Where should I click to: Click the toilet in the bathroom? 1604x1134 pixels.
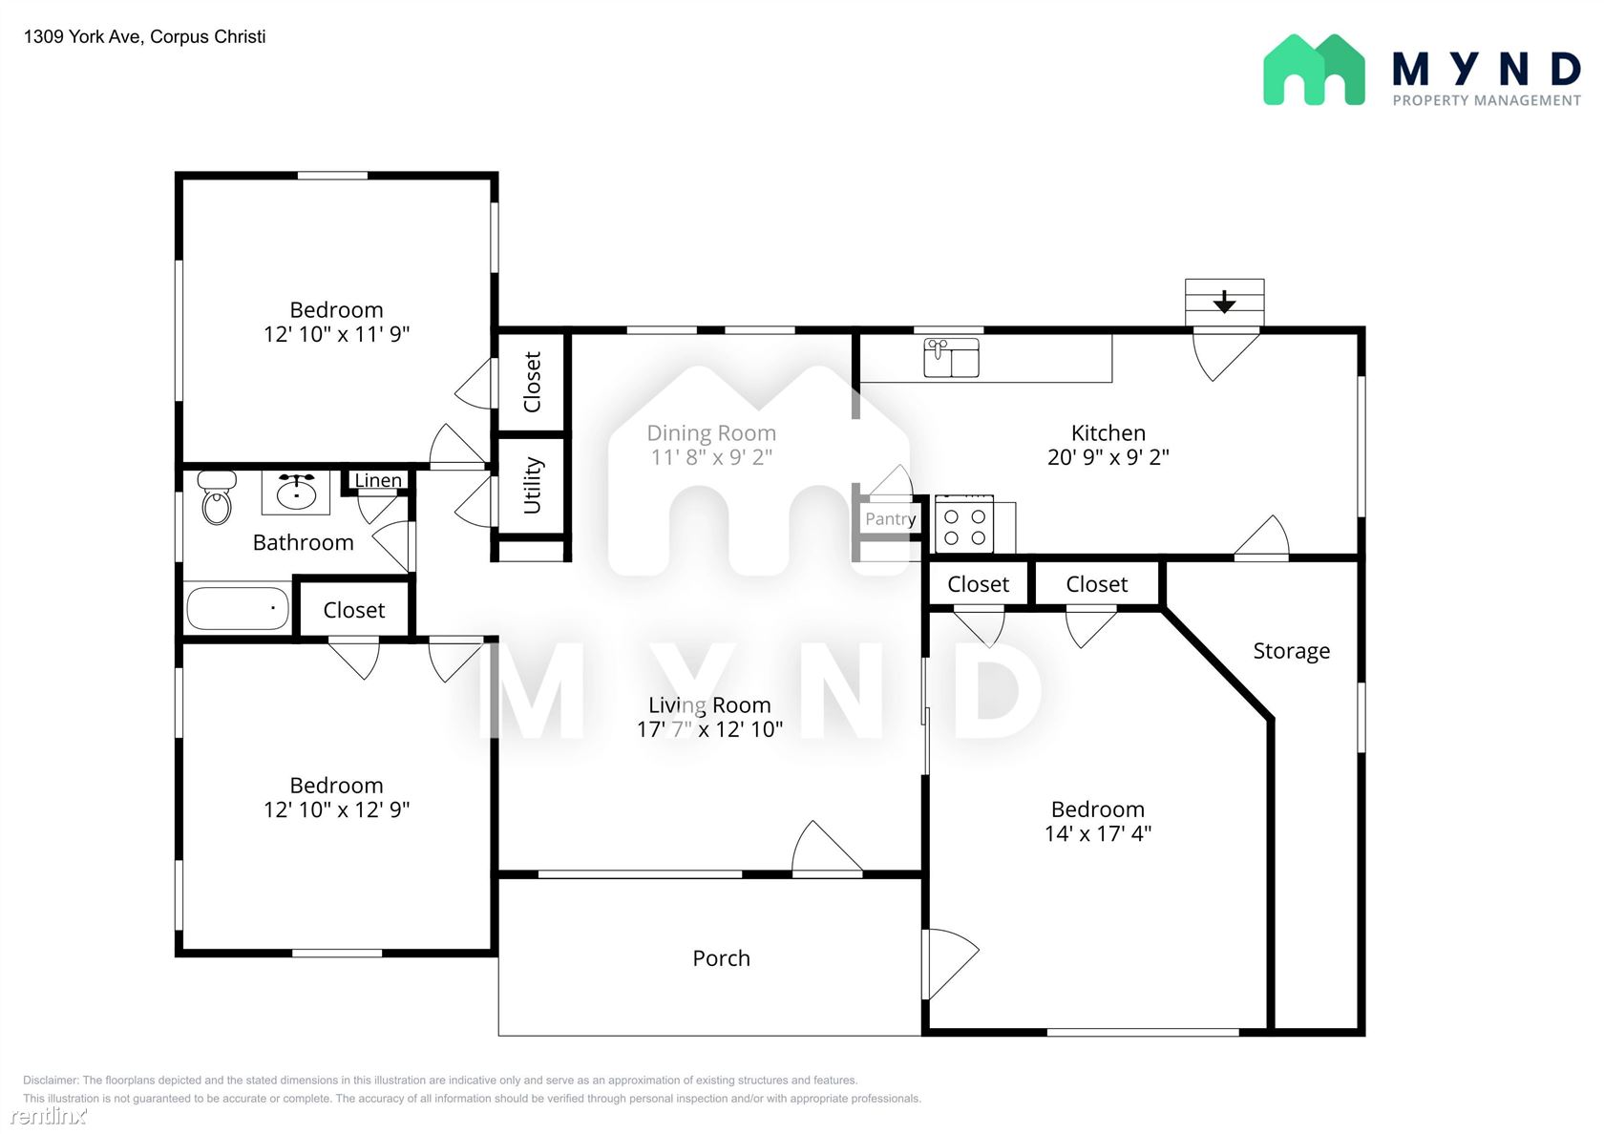click(x=217, y=497)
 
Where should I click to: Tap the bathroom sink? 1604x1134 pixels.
click(x=296, y=493)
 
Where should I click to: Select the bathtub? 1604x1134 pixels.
click(x=238, y=609)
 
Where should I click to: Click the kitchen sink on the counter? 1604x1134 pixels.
click(x=951, y=358)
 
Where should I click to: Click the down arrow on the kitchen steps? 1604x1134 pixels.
click(x=1224, y=302)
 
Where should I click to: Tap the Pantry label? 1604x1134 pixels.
click(x=890, y=518)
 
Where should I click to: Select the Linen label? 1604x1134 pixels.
click(x=378, y=480)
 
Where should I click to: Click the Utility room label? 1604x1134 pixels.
click(x=531, y=485)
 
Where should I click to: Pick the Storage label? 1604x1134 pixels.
click(x=1291, y=651)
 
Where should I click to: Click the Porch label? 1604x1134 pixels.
click(x=721, y=958)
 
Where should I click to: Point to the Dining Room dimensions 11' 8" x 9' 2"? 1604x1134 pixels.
click(x=711, y=456)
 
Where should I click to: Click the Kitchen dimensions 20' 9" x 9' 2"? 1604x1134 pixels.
click(x=1108, y=456)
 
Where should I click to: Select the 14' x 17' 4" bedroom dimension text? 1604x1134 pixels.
click(x=1098, y=833)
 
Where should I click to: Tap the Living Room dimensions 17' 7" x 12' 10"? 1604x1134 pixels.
click(x=709, y=729)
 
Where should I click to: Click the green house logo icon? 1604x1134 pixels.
click(x=1314, y=70)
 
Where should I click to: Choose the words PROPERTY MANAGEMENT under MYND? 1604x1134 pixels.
click(x=1487, y=101)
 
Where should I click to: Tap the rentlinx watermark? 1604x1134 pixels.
click(x=48, y=1115)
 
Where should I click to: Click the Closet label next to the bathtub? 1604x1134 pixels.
click(x=353, y=610)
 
